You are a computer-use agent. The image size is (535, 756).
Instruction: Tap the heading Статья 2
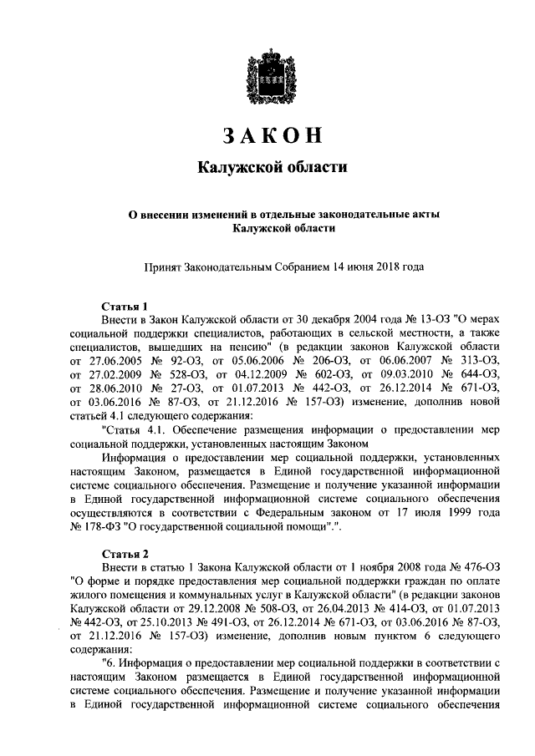(125, 554)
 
